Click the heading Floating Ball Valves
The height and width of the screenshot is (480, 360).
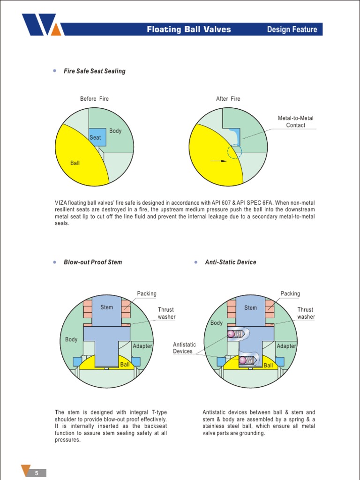[189, 30]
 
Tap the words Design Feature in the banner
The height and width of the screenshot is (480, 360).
[292, 30]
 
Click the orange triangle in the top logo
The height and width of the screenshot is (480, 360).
[56, 30]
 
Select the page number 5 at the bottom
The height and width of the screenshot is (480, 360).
[37, 473]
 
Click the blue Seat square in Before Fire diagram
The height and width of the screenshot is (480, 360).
[95, 137]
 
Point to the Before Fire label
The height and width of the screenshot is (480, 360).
[94, 99]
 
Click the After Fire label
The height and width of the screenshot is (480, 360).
[228, 99]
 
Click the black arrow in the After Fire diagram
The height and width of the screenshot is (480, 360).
[218, 161]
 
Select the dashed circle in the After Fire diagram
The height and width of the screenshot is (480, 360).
[234, 151]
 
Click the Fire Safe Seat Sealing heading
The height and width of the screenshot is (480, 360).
[95, 71]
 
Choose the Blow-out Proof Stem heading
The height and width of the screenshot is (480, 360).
[93, 262]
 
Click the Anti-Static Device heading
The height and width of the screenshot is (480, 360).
[231, 262]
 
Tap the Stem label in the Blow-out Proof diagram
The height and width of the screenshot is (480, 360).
[107, 307]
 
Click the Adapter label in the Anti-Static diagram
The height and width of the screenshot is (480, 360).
[286, 346]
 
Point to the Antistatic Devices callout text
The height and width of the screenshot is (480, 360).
[184, 348]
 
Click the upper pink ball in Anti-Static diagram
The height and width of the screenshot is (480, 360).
[230, 334]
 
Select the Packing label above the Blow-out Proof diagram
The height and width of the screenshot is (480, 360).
[147, 293]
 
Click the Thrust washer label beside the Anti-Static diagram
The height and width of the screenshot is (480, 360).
[306, 313]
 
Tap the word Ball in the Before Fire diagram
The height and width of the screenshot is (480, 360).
[75, 163]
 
